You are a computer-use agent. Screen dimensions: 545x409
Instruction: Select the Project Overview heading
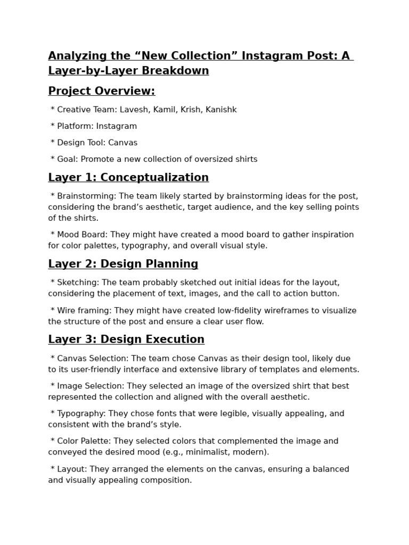pyautogui.click(x=102, y=91)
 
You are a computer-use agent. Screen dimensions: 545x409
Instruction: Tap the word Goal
pyautogui.click(x=67, y=159)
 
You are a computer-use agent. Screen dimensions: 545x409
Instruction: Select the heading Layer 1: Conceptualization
pyautogui.click(x=128, y=178)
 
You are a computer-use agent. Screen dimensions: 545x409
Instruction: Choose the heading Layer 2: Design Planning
pyautogui.click(x=123, y=264)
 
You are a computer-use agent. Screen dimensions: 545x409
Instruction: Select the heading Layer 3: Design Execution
pyautogui.click(x=126, y=340)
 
